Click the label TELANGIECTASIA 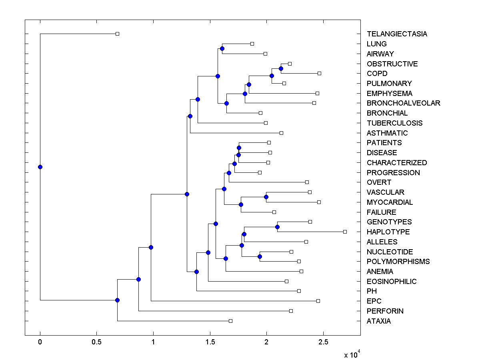(396, 34)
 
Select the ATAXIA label (378, 321)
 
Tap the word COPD (377, 74)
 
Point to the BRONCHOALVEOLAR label (403, 103)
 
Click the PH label (372, 291)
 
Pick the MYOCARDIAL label (390, 202)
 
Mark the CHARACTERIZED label (396, 163)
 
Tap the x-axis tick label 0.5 (96, 342)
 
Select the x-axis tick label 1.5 (210, 342)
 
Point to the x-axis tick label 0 (40, 342)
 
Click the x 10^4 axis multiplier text (352, 354)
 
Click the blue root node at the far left (40, 167)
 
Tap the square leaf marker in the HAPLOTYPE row (345, 232)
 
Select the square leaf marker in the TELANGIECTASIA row (117, 34)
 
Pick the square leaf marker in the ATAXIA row (230, 321)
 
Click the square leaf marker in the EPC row (318, 301)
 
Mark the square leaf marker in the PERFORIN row (291, 311)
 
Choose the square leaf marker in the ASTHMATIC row (281, 133)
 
